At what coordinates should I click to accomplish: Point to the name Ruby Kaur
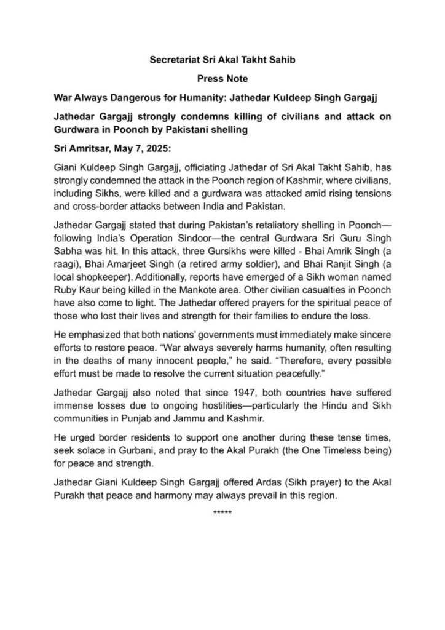(x=78, y=291)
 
